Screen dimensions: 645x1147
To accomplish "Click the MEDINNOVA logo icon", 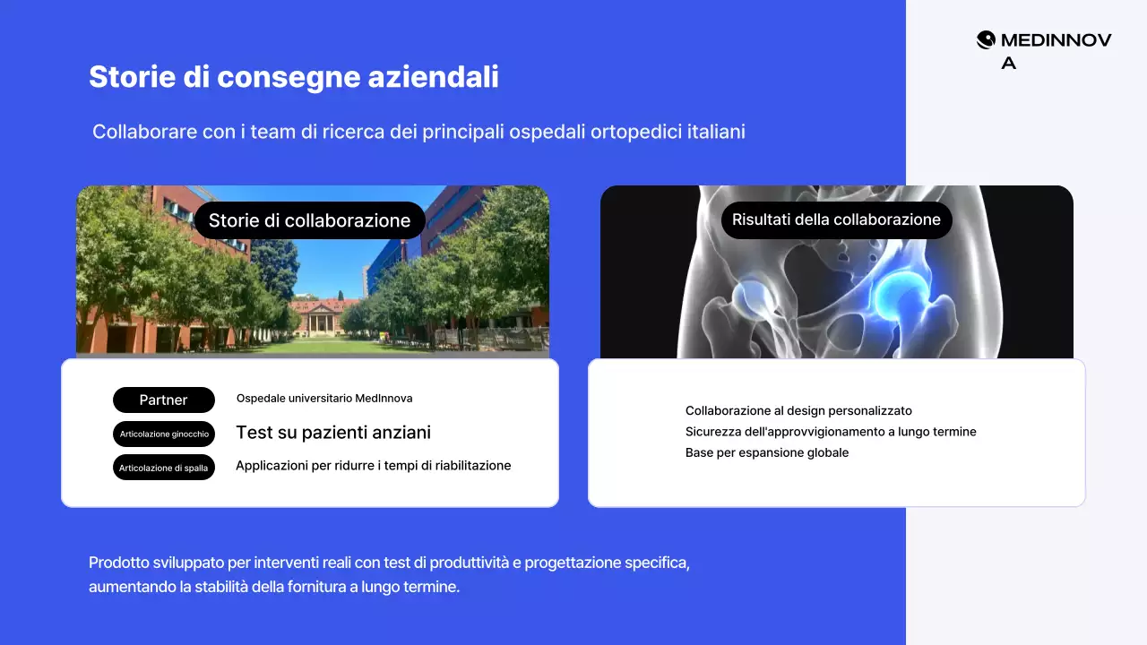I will click(986, 39).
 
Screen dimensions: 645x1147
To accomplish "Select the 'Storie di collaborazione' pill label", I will click(309, 220).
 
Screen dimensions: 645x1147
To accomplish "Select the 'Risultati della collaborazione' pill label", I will click(836, 219).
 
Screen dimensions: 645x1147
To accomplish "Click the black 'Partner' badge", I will click(164, 400).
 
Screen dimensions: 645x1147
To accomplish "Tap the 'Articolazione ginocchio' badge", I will click(164, 434).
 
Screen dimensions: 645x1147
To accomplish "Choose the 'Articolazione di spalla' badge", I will click(164, 468).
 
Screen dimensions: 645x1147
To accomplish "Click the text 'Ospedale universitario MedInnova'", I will click(324, 399).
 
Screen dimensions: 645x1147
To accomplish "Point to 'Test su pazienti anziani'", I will click(333, 433).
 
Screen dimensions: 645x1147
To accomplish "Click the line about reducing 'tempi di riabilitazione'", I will click(373, 466).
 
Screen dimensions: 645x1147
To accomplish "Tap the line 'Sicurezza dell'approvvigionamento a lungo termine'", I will click(831, 432).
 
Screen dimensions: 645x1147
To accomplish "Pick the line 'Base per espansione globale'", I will click(767, 452).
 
